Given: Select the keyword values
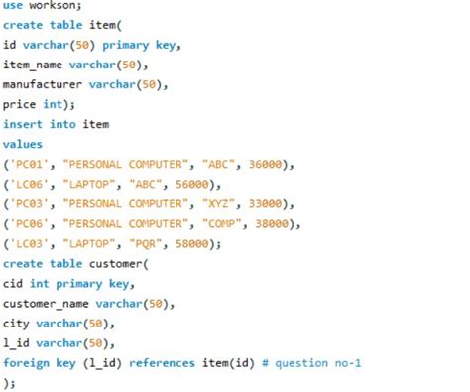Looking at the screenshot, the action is point(23,144).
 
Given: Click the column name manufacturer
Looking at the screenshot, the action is point(42,84).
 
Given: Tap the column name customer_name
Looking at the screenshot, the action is point(47,303).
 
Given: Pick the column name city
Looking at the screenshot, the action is point(16,323).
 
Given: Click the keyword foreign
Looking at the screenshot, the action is point(26,362).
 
